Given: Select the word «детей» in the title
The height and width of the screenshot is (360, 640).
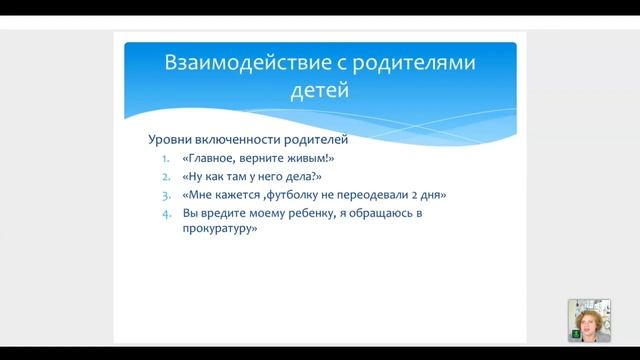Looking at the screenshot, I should click(x=318, y=92).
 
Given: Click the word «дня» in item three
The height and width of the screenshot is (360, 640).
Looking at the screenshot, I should click(x=433, y=195).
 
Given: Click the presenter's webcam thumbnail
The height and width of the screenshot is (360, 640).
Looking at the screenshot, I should click(x=589, y=320).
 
